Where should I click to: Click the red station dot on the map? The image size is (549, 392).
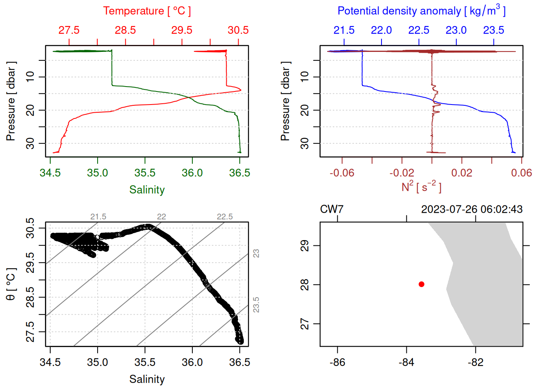(422, 284)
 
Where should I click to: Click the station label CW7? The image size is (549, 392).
(332, 209)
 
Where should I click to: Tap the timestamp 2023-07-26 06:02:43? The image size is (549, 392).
(472, 209)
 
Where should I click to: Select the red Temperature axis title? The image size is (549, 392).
(147, 11)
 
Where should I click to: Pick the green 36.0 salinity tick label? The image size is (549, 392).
(192, 173)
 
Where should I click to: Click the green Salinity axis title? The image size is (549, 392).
(147, 190)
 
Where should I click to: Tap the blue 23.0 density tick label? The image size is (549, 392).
(456, 30)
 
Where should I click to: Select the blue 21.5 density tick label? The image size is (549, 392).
(344, 30)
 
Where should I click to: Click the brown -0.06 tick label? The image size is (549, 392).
(342, 173)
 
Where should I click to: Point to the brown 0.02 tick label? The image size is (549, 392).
(462, 173)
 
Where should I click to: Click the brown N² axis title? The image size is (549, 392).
(422, 187)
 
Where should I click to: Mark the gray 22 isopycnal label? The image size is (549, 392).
(162, 217)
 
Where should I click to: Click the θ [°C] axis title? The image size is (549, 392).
(11, 284)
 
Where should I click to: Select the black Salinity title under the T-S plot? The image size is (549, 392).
(147, 379)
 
